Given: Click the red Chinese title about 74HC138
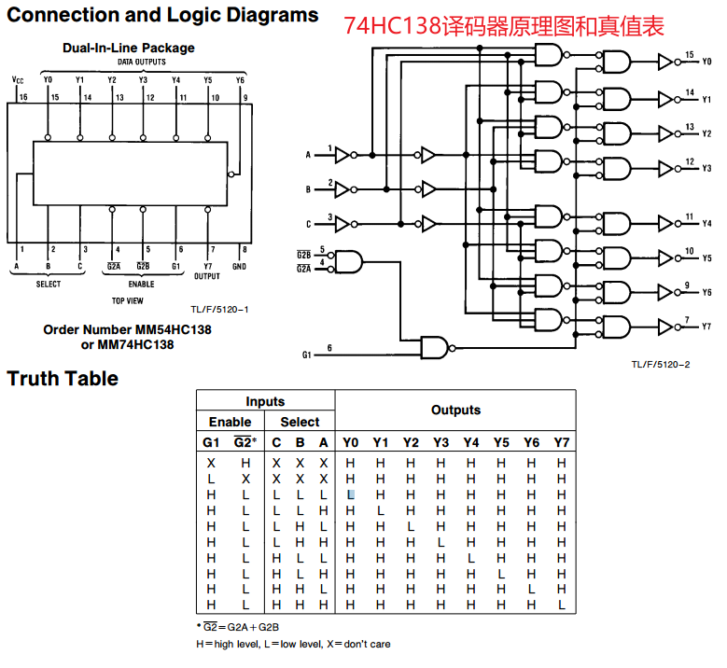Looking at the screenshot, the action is coord(504,26).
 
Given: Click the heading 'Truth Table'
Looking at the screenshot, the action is coord(63,378).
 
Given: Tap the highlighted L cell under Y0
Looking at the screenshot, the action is coord(351,494).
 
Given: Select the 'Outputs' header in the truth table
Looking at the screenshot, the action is coord(455,410).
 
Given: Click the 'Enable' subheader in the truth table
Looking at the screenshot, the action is coord(230,422).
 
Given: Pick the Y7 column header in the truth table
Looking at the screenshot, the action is coord(562,443).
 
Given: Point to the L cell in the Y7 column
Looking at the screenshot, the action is coord(562,605).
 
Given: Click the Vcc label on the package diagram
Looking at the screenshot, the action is coord(18,79).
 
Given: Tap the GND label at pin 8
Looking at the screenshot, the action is coord(239,267).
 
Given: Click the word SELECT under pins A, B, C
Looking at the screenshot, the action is coord(49,284).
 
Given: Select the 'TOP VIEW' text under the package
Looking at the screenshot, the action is coord(128,300).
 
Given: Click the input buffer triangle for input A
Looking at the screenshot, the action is coord(343,155).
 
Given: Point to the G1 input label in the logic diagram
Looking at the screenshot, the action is coord(306,355).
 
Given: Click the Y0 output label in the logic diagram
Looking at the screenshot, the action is coord(706,62).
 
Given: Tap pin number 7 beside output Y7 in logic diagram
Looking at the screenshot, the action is coord(687,320).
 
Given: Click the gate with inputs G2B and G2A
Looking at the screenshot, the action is coord(348,262).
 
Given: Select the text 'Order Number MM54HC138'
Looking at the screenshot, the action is coord(128,329).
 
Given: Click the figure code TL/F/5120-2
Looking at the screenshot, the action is coord(661,365).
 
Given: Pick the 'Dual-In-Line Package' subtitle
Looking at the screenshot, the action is coord(129,48).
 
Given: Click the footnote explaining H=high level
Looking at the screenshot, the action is coord(293,644).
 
